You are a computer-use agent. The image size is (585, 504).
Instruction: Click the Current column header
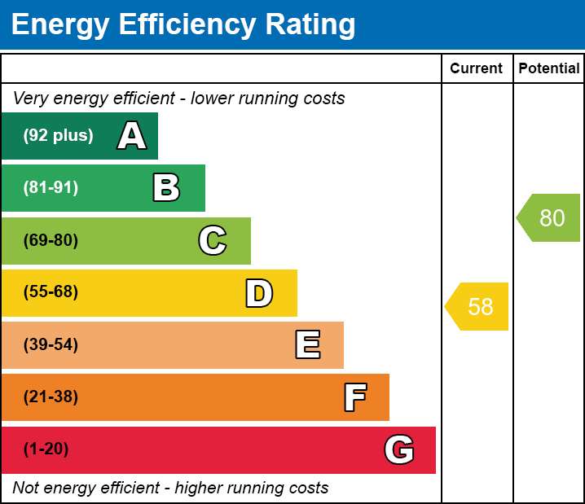click(476, 68)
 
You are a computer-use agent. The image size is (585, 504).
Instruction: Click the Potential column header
click(549, 68)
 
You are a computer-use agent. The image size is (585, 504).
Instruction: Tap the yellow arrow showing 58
click(477, 306)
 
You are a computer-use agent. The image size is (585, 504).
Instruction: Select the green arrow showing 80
click(548, 217)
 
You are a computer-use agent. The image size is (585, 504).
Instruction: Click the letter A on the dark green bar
click(132, 136)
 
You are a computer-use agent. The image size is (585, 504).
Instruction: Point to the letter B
click(166, 188)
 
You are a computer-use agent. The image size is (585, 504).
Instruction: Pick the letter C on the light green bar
click(213, 240)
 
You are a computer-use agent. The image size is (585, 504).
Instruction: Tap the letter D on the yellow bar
click(259, 293)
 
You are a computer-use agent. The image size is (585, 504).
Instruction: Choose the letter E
click(308, 345)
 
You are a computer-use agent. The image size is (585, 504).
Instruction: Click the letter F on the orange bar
click(355, 397)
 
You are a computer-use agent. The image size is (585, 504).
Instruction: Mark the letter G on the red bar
click(399, 449)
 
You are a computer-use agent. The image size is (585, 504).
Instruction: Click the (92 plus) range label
click(58, 135)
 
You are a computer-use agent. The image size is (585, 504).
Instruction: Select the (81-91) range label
click(51, 187)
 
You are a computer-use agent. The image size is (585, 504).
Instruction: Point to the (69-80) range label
click(51, 240)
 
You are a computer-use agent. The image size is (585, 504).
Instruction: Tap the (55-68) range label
click(51, 291)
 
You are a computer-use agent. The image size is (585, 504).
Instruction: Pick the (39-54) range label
click(51, 344)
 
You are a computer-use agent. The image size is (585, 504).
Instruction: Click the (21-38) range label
click(51, 397)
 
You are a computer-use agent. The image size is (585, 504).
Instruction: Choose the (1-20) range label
click(46, 449)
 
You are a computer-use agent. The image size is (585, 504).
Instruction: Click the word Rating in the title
click(310, 25)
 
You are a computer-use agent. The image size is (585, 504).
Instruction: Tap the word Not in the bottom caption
click(25, 488)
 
